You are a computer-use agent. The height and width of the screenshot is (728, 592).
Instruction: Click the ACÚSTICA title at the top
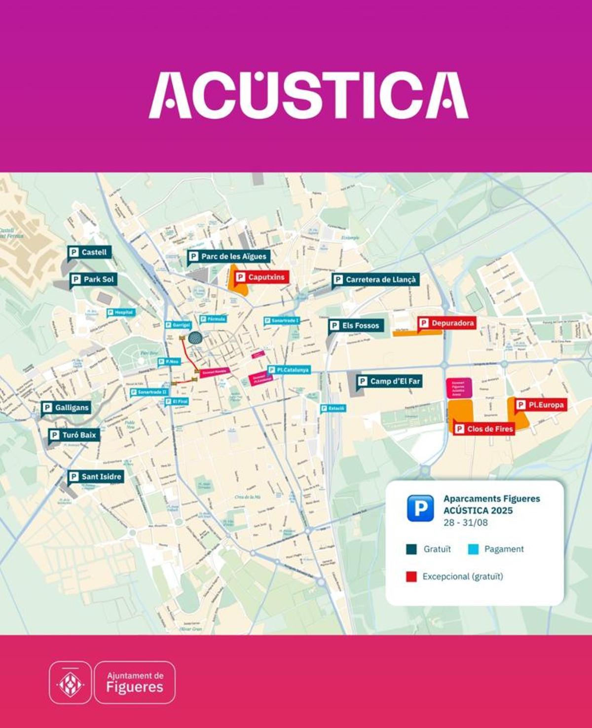(x=308, y=95)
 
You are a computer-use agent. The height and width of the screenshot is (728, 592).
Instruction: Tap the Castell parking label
(x=89, y=252)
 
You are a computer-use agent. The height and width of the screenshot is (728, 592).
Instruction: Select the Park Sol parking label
(x=93, y=279)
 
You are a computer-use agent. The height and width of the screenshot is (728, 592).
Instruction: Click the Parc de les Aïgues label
(x=229, y=256)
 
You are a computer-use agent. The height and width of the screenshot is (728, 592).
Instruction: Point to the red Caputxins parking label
(x=260, y=277)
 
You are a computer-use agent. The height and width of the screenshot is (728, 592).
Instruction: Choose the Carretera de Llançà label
(x=375, y=279)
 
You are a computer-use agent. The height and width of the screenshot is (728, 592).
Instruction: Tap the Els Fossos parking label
(x=356, y=325)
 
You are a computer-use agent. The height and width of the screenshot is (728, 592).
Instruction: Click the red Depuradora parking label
(x=447, y=323)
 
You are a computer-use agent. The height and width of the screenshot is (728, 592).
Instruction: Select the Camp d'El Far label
(x=389, y=381)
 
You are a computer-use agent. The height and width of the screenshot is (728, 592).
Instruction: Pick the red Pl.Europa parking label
(x=541, y=405)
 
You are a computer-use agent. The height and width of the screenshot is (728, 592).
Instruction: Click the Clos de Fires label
(x=484, y=429)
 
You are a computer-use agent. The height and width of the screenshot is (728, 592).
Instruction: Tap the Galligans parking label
(x=66, y=408)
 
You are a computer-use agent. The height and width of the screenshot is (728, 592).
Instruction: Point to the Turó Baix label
(x=74, y=435)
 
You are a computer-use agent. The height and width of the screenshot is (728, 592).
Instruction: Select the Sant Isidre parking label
(x=96, y=476)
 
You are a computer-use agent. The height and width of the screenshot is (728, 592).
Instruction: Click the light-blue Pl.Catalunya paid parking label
(x=289, y=370)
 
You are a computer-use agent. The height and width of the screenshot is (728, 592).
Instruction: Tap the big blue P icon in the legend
(x=420, y=508)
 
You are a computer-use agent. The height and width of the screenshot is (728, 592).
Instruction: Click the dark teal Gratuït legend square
(x=411, y=549)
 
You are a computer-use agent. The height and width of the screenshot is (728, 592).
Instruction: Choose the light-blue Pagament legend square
(x=473, y=549)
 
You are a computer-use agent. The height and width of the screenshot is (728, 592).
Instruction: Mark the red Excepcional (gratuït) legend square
(x=411, y=576)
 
